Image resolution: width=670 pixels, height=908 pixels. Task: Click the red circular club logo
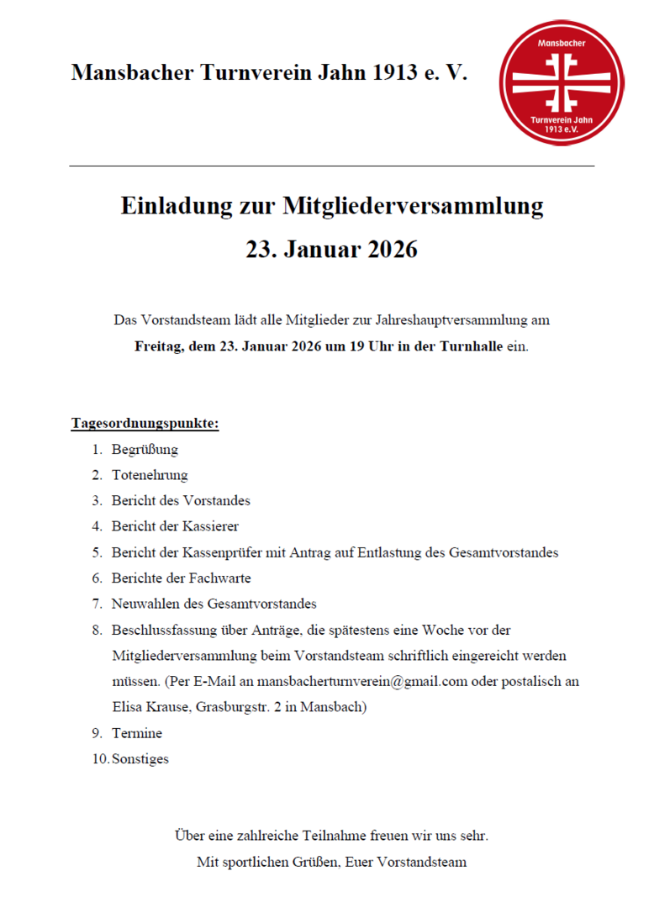click(562, 82)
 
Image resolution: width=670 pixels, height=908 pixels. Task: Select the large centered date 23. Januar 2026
click(331, 250)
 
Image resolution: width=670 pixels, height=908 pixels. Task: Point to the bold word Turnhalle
click(471, 346)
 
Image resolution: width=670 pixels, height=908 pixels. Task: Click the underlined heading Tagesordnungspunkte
click(145, 423)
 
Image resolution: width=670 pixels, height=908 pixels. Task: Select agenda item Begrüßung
click(145, 449)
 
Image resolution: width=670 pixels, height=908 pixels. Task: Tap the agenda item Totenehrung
click(150, 475)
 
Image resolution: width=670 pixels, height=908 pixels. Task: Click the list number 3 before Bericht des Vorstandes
click(97, 500)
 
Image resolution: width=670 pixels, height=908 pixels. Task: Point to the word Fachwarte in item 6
click(219, 578)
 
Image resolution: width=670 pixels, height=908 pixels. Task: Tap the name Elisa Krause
click(150, 707)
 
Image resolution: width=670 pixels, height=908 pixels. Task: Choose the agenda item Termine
click(136, 733)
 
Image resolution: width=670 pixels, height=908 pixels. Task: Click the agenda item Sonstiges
click(140, 759)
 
